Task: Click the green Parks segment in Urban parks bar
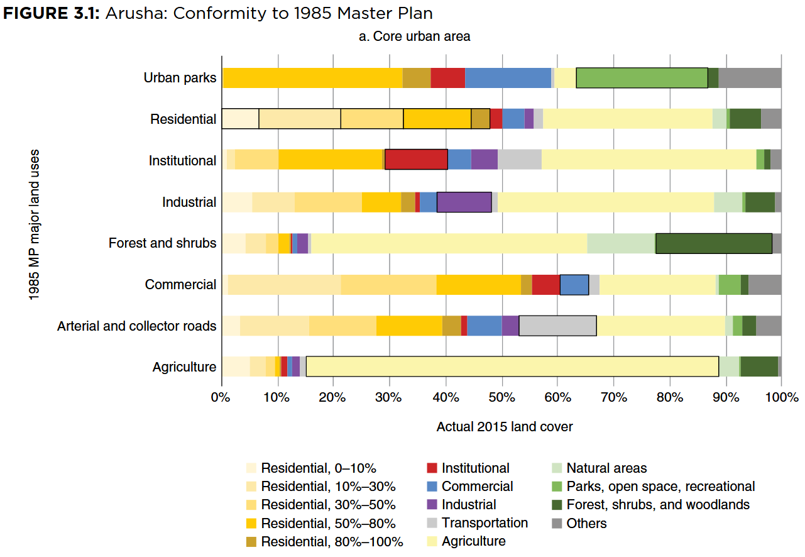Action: click(x=642, y=78)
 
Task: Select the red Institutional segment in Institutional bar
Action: click(x=416, y=160)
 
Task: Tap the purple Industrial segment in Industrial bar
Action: click(x=464, y=202)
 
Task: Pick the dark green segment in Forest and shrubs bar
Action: click(x=713, y=243)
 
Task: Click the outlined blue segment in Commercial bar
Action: click(x=574, y=284)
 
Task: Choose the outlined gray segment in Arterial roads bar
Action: click(x=557, y=326)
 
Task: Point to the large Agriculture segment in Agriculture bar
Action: click(x=512, y=367)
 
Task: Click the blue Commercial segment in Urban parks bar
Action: click(x=508, y=78)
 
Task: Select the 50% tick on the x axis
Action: click(x=502, y=397)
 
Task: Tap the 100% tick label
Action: click(x=781, y=397)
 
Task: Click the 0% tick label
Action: click(x=221, y=397)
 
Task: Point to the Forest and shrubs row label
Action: click(x=162, y=243)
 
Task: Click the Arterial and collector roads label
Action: click(x=137, y=326)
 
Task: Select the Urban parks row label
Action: click(x=180, y=78)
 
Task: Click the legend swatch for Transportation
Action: click(x=432, y=523)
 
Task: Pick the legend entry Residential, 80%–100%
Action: click(x=332, y=541)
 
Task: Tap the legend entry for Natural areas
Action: click(x=606, y=468)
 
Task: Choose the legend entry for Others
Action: click(x=586, y=523)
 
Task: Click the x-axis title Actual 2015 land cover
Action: click(x=505, y=427)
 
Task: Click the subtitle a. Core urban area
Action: click(x=414, y=36)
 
